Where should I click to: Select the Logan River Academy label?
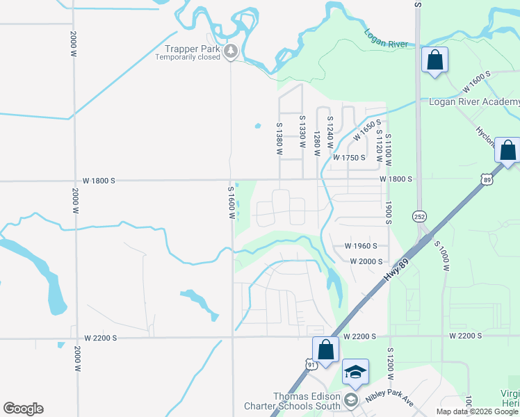(474, 102)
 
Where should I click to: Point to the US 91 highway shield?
(310, 363)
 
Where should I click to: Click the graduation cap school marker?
(355, 373)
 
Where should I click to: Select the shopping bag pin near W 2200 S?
(325, 350)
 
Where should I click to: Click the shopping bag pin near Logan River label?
(434, 60)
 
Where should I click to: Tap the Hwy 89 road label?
(396, 268)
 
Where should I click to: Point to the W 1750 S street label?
(349, 158)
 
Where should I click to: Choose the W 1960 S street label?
(361, 246)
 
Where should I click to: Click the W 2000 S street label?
(366, 261)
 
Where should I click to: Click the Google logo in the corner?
(23, 409)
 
